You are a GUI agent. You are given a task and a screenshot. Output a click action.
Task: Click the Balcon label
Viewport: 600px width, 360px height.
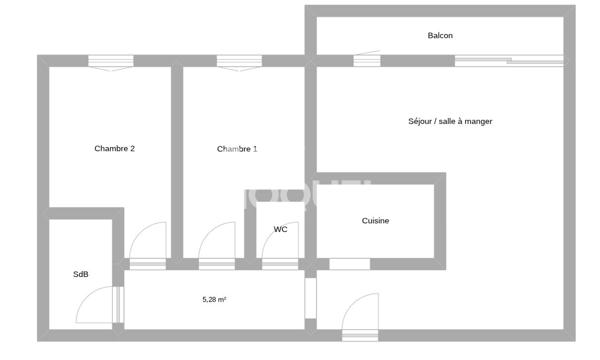click(440, 36)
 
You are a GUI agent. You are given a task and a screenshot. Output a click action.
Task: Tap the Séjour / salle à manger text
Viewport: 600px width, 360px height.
click(450, 121)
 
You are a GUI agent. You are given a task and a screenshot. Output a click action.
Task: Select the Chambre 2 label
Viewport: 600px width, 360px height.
click(114, 149)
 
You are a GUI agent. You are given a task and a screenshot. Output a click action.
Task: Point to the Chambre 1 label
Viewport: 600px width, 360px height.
click(237, 149)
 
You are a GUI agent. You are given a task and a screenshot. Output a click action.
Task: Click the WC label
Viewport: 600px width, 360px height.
click(281, 229)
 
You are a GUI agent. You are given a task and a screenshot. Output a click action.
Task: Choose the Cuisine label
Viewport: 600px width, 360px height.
click(375, 221)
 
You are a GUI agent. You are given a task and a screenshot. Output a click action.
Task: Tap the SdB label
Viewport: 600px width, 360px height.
click(80, 274)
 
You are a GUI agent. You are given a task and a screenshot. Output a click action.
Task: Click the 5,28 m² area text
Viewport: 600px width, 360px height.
click(214, 298)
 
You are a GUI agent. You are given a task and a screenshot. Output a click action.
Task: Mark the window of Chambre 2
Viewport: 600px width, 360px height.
click(111, 62)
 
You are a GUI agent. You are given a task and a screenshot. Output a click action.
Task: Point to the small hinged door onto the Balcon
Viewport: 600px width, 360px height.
click(367, 59)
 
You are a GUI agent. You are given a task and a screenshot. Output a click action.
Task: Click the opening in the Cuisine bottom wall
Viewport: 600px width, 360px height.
click(349, 264)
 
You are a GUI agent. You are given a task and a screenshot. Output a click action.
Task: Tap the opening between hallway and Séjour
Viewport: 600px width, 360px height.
click(310, 298)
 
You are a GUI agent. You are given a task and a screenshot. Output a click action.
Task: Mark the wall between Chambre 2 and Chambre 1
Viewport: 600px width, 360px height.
click(176, 160)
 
